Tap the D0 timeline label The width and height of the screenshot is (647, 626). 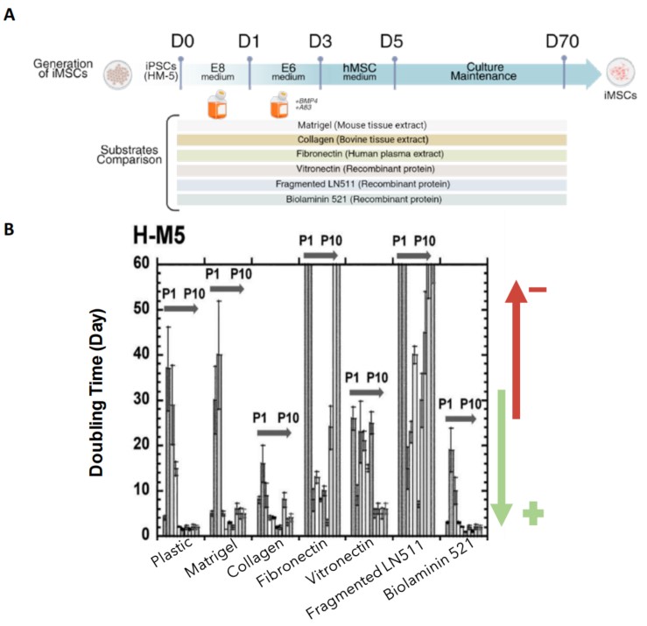click(180, 41)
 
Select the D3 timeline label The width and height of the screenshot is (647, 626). click(321, 41)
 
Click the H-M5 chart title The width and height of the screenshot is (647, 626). click(163, 237)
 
